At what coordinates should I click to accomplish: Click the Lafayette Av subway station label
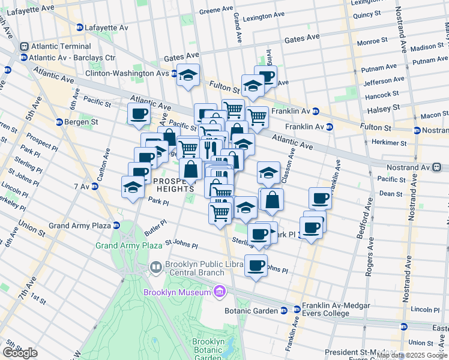tap(106, 28)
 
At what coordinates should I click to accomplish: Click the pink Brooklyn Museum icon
tap(220, 292)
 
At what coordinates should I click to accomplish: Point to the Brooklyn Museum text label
tap(178, 292)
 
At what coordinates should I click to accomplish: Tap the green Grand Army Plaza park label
tap(128, 245)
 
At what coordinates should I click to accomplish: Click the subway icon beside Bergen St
tap(59, 122)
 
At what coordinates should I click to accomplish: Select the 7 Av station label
tap(83, 187)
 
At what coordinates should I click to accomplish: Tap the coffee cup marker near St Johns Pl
tap(256, 265)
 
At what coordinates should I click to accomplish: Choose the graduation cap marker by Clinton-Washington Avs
tap(188, 76)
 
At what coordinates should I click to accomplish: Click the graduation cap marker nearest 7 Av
tap(133, 187)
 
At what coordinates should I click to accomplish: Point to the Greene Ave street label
tap(215, 10)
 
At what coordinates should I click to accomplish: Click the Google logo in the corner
tap(20, 353)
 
